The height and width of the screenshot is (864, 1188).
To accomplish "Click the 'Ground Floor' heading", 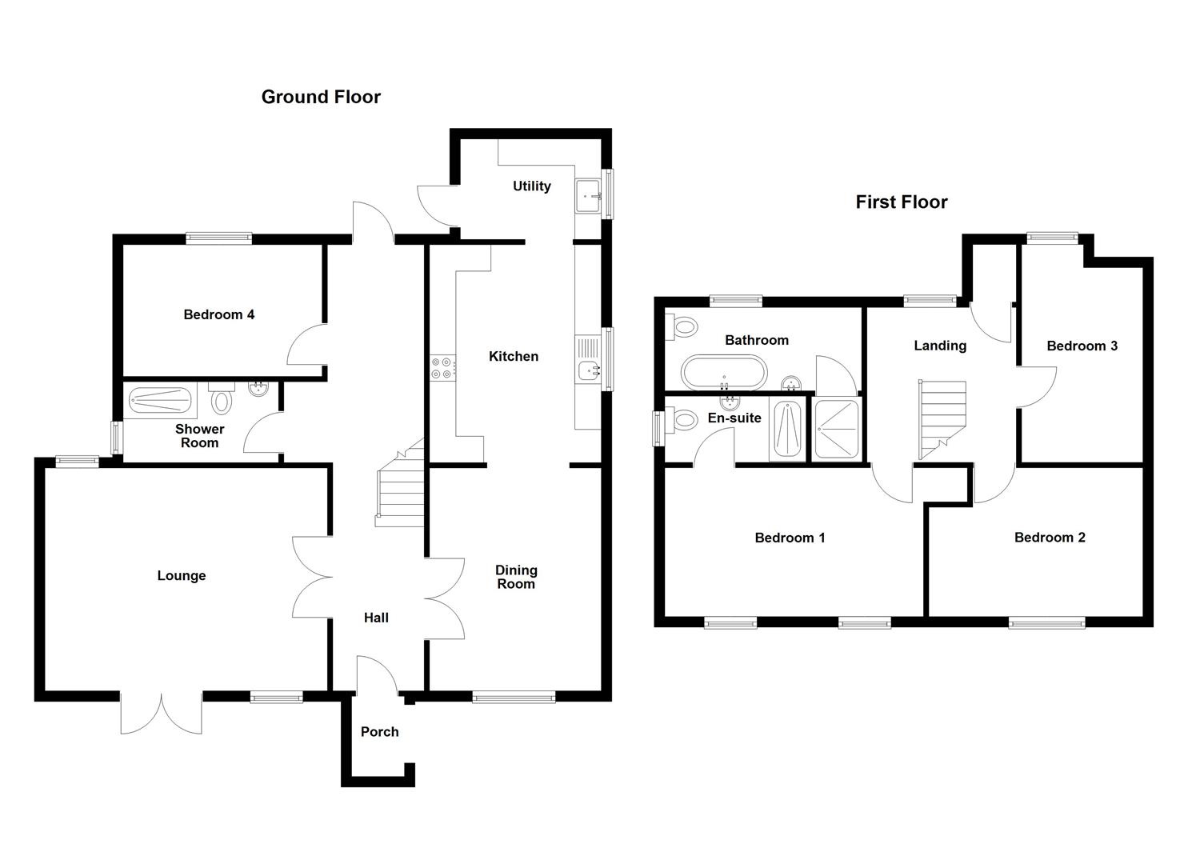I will point(321,97).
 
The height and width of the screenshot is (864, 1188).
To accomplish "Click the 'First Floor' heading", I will point(901,202).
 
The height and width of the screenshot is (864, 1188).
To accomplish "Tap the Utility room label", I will point(531,186).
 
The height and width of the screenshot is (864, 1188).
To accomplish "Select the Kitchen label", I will point(513,356).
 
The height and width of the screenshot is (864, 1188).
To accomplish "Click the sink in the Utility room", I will point(590,195).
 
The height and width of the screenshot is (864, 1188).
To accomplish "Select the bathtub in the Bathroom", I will point(723,373).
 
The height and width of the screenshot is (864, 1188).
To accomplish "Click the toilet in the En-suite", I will point(684,419).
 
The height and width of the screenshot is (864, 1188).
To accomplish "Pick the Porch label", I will point(379,731).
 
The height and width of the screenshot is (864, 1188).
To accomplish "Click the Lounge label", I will point(182,575).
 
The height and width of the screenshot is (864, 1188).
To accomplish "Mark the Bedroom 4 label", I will point(218,314).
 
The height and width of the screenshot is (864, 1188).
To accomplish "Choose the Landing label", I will point(940,345).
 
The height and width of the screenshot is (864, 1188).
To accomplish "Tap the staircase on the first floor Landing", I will point(942,419).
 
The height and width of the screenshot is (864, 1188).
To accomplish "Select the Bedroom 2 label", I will point(1050,537).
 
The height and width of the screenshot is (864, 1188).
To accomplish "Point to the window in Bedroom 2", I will point(1046,622).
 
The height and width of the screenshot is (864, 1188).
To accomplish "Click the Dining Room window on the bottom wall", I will point(514,697).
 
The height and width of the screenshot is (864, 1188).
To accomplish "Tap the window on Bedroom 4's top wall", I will point(218,238).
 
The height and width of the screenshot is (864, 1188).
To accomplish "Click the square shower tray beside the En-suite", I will point(837,429).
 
